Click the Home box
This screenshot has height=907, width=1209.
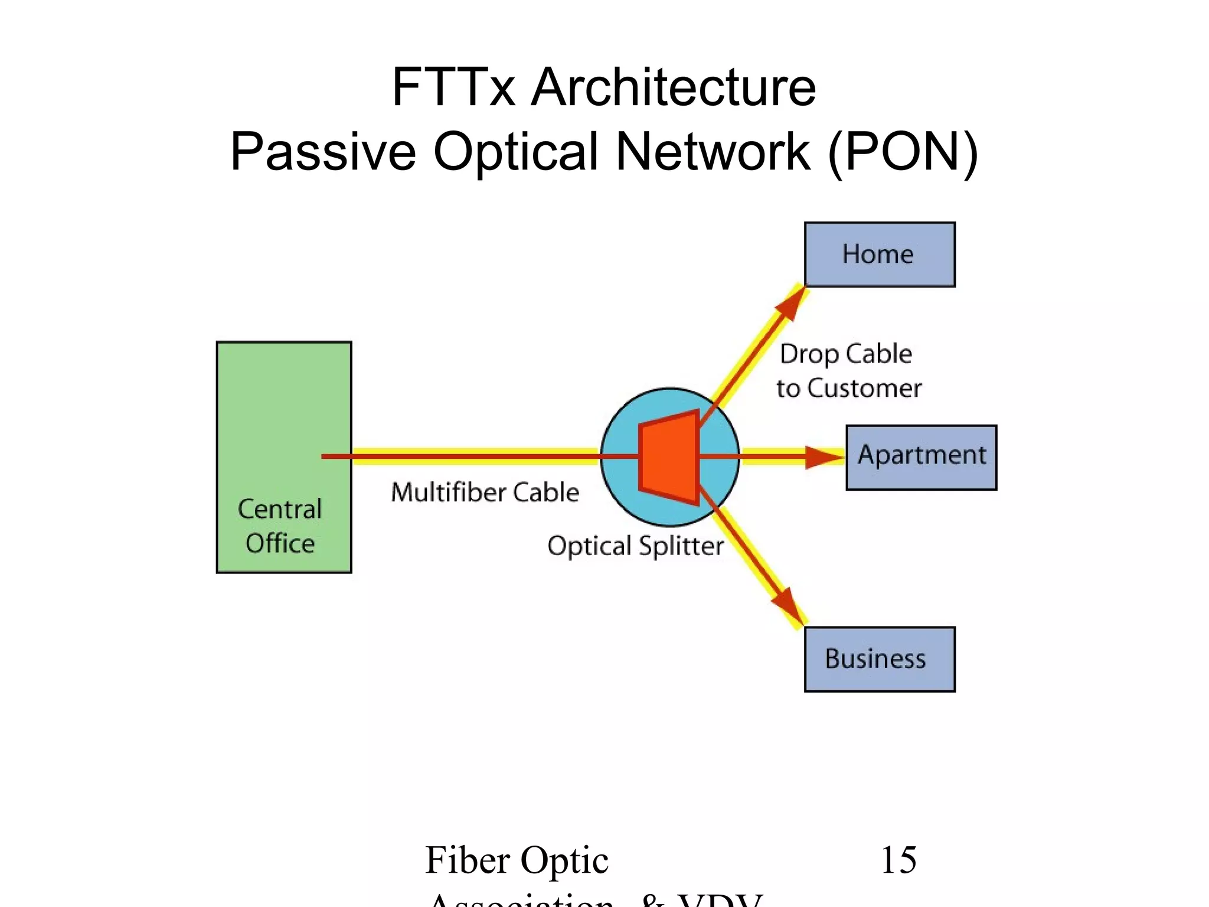click(x=880, y=255)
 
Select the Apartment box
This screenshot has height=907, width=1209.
click(x=921, y=457)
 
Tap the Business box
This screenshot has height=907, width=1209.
click(x=880, y=659)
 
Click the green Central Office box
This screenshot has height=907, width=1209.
click(x=284, y=413)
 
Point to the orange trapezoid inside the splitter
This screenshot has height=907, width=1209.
click(x=669, y=457)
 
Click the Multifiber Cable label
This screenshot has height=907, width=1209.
click(x=485, y=492)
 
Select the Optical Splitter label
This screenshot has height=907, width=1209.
click(x=635, y=546)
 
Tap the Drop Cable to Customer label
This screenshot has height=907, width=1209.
click(x=848, y=371)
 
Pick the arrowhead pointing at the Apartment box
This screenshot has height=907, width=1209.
click(x=824, y=457)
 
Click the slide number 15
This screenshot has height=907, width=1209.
click(x=898, y=860)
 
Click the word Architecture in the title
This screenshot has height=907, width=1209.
click(x=673, y=87)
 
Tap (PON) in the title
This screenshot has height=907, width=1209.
click(x=903, y=151)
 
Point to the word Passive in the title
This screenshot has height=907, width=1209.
click(x=324, y=151)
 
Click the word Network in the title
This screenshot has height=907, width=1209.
click(x=713, y=151)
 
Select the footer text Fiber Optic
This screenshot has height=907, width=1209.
click(x=517, y=860)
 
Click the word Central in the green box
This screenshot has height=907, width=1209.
click(x=280, y=509)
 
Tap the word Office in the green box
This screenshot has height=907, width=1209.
click(x=280, y=543)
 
